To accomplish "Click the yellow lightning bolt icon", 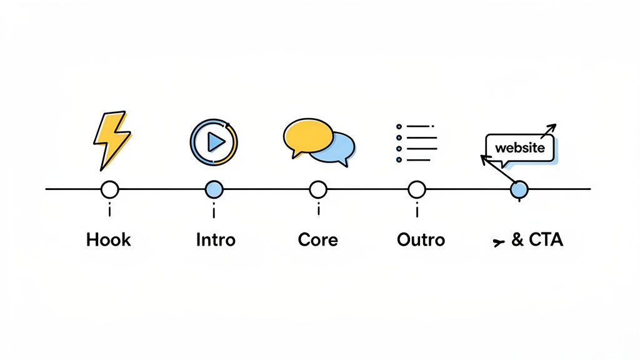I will click(111, 139).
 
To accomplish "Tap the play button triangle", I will click(216, 142).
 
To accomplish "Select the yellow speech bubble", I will click(308, 134).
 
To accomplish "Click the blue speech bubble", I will click(338, 148).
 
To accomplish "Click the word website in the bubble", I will click(519, 149).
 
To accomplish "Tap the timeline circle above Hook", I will click(109, 189).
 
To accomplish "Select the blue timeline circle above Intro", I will click(214, 189).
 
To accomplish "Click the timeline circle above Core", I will click(318, 189).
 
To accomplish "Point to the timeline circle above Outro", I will click(416, 189).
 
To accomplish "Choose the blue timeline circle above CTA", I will click(519, 189).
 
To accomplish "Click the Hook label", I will click(109, 239).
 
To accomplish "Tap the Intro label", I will click(216, 239).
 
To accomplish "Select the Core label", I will click(318, 239).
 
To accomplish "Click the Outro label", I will click(421, 239).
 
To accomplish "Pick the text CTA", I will click(546, 239).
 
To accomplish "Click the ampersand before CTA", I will click(517, 239).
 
